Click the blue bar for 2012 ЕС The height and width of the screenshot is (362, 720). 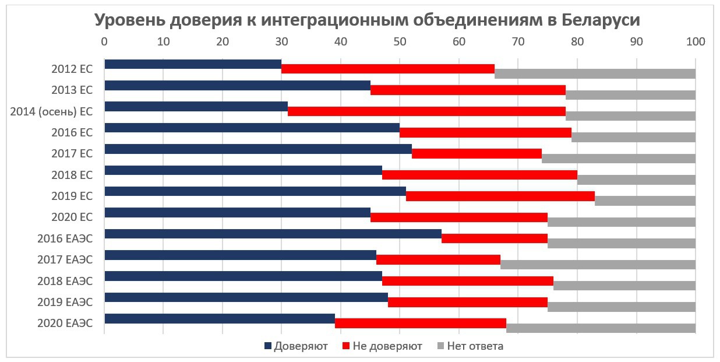click(x=192, y=64)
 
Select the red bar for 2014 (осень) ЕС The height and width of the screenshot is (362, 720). click(x=428, y=111)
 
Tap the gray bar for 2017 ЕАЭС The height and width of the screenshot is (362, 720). click(x=598, y=265)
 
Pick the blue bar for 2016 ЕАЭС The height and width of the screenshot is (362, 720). click(x=273, y=234)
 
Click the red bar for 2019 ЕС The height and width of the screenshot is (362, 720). click(x=500, y=196)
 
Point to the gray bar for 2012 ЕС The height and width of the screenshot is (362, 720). click(x=595, y=73)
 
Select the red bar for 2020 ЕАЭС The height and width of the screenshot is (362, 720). click(x=420, y=324)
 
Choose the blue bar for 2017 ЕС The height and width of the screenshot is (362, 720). click(x=257, y=149)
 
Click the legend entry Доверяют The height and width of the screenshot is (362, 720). click(x=301, y=346)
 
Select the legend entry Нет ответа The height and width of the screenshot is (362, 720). click(x=475, y=346)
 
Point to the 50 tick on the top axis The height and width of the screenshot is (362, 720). click(x=400, y=42)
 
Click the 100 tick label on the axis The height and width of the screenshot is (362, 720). click(x=695, y=42)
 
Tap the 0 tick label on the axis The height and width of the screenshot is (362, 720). click(x=104, y=42)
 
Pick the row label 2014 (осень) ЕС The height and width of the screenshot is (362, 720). click(x=51, y=111)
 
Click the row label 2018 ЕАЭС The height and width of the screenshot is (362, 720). click(x=65, y=281)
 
